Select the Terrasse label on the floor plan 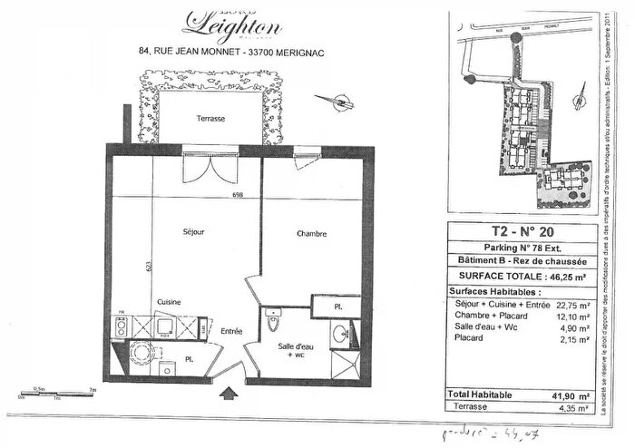[x=208, y=120]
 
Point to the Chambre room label [x=311, y=234]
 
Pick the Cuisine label [x=168, y=301]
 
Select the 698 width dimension [x=239, y=195]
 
